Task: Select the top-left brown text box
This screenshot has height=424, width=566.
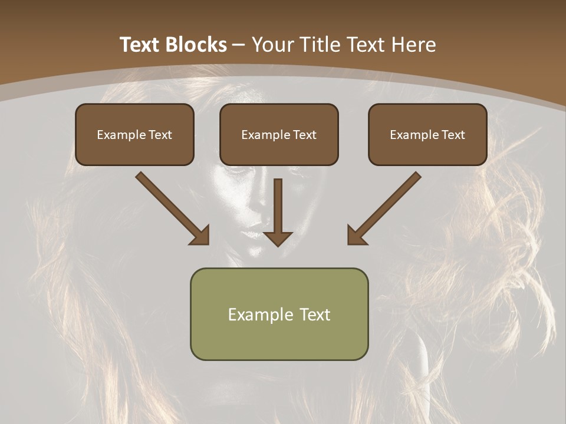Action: [134, 134]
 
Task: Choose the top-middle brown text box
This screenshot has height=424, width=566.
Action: [279, 134]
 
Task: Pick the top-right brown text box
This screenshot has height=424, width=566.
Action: [427, 134]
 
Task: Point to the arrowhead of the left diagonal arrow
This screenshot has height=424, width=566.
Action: [200, 236]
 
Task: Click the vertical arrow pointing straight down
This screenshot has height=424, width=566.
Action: [278, 212]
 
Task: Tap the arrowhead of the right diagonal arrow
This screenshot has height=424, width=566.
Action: [356, 236]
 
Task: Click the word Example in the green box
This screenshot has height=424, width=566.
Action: [260, 314]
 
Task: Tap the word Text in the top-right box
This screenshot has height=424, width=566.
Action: [453, 135]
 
